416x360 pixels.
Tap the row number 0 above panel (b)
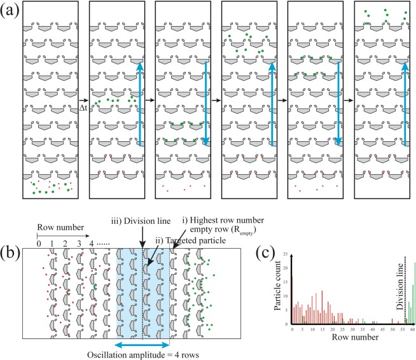coord(39,243)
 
